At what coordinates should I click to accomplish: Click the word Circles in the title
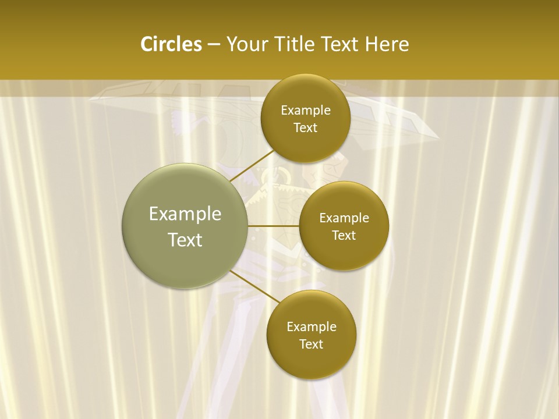pos(171,44)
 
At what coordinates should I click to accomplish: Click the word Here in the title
pos(387,44)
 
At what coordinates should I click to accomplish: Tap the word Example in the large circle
pos(185,214)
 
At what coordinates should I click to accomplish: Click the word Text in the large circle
pos(185,240)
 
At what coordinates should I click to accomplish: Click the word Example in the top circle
pos(306,111)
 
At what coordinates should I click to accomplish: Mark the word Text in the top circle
pos(305,128)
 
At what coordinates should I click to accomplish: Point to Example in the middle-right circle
pos(344,218)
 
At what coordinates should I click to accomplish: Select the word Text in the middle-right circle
pos(344,236)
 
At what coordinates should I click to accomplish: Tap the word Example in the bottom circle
pos(312,327)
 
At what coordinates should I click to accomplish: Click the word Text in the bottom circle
pos(311,345)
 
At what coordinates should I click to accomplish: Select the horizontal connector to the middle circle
pos(274,226)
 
